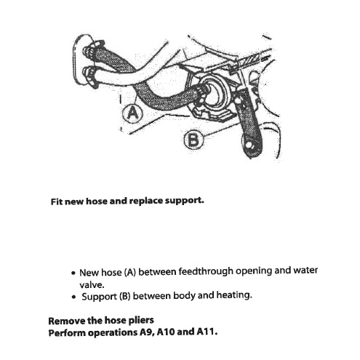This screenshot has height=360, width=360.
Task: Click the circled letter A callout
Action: [132, 113]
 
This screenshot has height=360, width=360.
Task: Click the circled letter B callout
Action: [193, 140]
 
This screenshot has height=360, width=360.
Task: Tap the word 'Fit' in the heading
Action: [57, 201]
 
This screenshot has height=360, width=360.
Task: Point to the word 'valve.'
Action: [92, 284]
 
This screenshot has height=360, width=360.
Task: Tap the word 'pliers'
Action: [141, 321]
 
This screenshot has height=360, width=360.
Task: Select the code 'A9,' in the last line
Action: [147, 332]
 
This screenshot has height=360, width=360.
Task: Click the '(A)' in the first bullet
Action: [130, 272]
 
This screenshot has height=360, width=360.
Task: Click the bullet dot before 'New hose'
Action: [73, 273]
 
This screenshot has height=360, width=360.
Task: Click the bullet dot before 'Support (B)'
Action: [73, 297]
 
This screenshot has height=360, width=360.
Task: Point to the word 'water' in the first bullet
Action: [305, 270]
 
